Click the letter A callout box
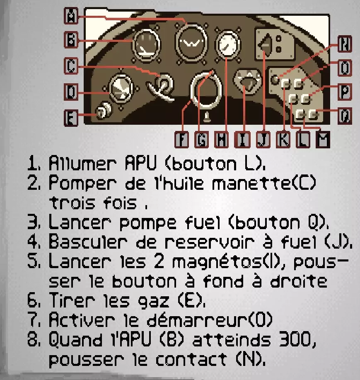tap(71, 15)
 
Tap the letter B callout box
tap(71, 39)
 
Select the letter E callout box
tap(71, 118)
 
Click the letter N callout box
tap(345, 44)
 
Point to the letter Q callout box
tap(345, 116)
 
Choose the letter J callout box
tap(263, 140)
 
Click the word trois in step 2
tap(72, 203)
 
